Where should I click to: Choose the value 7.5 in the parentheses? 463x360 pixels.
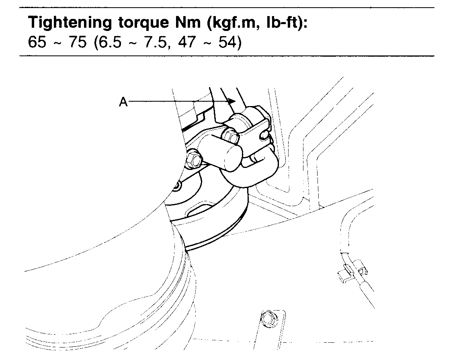152,42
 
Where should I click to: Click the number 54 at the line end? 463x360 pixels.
226,42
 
